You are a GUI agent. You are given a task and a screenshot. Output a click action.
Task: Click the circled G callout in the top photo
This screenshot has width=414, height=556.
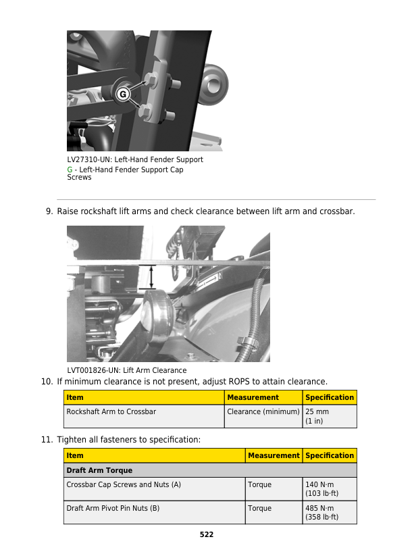tap(123, 95)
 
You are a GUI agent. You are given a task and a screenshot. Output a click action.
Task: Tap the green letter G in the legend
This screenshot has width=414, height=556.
tap(70, 170)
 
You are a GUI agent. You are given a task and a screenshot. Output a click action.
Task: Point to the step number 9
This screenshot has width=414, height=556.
tap(49, 211)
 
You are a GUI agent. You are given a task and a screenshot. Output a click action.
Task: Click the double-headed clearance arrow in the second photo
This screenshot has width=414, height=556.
tap(151, 277)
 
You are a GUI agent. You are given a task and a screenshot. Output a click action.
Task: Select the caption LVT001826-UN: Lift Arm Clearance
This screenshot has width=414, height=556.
tap(126, 370)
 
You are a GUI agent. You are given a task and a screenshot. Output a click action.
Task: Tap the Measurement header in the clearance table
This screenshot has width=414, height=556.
tap(253, 397)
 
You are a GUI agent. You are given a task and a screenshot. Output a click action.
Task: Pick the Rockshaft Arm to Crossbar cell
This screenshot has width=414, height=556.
tap(111, 411)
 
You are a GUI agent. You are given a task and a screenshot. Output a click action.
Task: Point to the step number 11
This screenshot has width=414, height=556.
tap(47, 440)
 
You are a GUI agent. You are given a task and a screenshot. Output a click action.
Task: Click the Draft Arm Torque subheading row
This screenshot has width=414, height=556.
tap(99, 470)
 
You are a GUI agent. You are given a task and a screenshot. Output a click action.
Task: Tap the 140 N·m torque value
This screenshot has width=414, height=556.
tap(320, 485)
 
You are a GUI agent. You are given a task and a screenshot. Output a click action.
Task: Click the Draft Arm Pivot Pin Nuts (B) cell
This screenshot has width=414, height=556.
tap(113, 508)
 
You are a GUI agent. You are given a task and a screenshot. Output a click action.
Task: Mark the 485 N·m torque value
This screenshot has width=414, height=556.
tap(320, 508)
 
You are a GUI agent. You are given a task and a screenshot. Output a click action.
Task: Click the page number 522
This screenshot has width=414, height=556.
tap(207, 534)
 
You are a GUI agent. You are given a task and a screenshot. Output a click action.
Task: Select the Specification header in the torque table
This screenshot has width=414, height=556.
tap(330, 455)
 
